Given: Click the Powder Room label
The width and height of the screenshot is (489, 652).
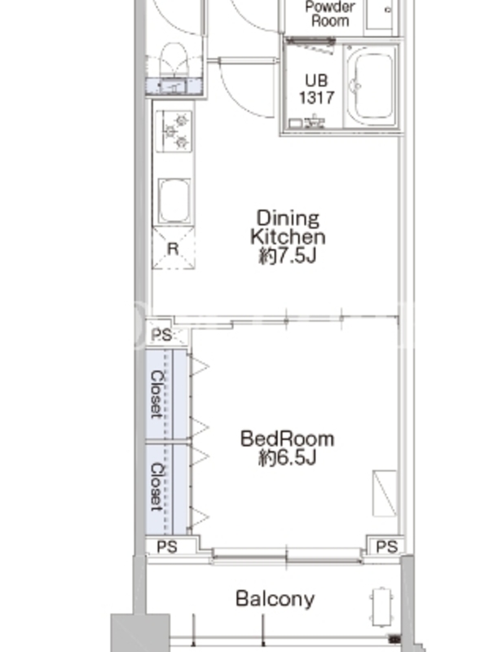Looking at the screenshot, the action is [x=330, y=13].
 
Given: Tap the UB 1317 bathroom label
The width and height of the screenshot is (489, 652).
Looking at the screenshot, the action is [x=316, y=89].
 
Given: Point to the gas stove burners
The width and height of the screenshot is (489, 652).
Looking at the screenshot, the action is [x=174, y=131].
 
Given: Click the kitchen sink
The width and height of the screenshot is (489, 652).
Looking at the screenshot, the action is [x=174, y=200].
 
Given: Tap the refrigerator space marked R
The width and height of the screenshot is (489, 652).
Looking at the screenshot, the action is [x=174, y=249].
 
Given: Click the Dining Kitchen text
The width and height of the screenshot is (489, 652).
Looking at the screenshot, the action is [x=288, y=227].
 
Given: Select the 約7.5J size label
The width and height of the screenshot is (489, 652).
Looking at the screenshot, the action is [x=288, y=256].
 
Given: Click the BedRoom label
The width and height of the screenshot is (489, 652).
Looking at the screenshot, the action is [x=288, y=439].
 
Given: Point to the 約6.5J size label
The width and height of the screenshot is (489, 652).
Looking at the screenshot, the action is [x=288, y=458].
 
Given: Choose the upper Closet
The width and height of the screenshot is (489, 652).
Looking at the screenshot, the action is [x=166, y=394].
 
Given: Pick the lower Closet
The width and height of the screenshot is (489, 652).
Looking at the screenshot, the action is [x=166, y=489].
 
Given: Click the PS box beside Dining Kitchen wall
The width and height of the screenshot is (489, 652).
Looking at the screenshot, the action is [x=162, y=333].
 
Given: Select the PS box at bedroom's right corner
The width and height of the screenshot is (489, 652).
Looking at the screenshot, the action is [x=385, y=546].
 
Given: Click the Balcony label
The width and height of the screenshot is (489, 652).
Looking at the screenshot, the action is [x=275, y=599].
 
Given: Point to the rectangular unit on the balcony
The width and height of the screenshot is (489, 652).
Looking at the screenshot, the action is [x=382, y=607].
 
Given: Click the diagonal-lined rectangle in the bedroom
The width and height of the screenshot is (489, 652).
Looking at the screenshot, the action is [x=385, y=494].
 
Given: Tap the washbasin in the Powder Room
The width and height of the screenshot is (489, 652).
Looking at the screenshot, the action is [x=380, y=14].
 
